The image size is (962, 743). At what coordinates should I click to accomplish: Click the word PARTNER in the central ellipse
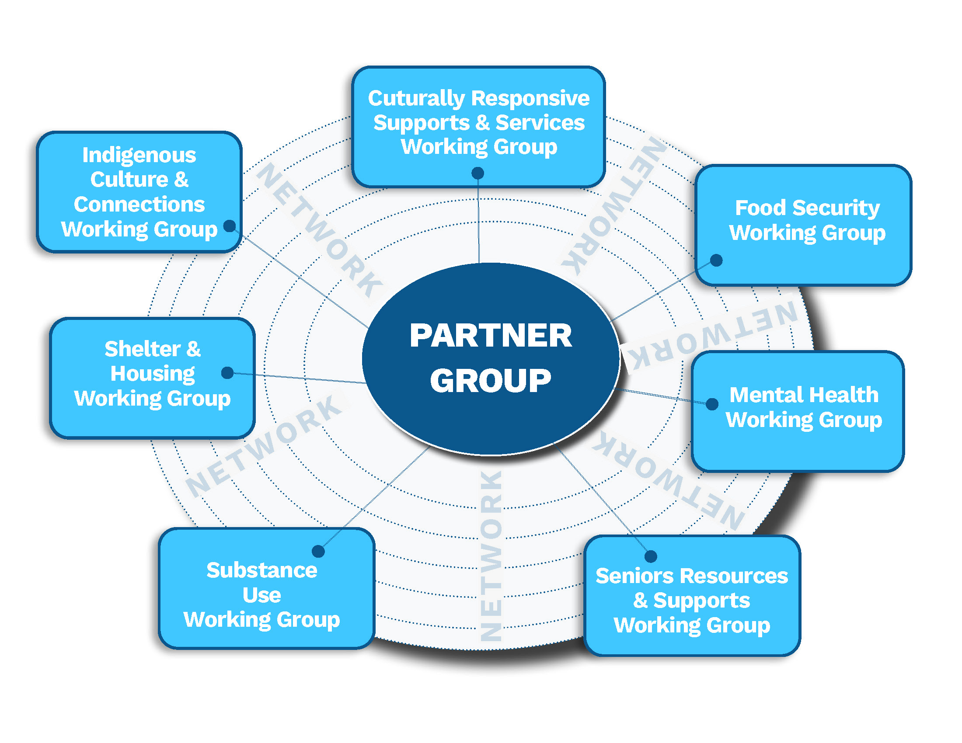(491, 336)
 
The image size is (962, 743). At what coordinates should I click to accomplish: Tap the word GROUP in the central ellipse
(491, 381)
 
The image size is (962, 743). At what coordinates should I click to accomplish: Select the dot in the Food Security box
(717, 260)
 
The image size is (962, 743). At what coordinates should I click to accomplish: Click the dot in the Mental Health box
(712, 404)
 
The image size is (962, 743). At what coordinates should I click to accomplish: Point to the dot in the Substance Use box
(318, 551)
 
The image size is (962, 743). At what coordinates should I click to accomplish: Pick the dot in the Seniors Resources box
(651, 556)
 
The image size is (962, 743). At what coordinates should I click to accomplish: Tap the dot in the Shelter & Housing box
(227, 373)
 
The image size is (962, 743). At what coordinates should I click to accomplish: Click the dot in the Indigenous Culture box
(230, 226)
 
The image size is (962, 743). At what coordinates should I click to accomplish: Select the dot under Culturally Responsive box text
(478, 173)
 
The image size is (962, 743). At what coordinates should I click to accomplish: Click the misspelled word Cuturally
(416, 99)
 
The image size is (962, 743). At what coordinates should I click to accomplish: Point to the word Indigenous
(139, 156)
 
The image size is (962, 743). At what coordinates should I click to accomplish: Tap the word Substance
(261, 570)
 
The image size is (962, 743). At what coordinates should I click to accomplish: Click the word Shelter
(142, 349)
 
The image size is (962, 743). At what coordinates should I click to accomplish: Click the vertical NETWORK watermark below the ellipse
(491, 555)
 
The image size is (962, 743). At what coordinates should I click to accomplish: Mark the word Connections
(139, 205)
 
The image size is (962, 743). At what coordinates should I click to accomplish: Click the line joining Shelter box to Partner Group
(300, 378)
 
